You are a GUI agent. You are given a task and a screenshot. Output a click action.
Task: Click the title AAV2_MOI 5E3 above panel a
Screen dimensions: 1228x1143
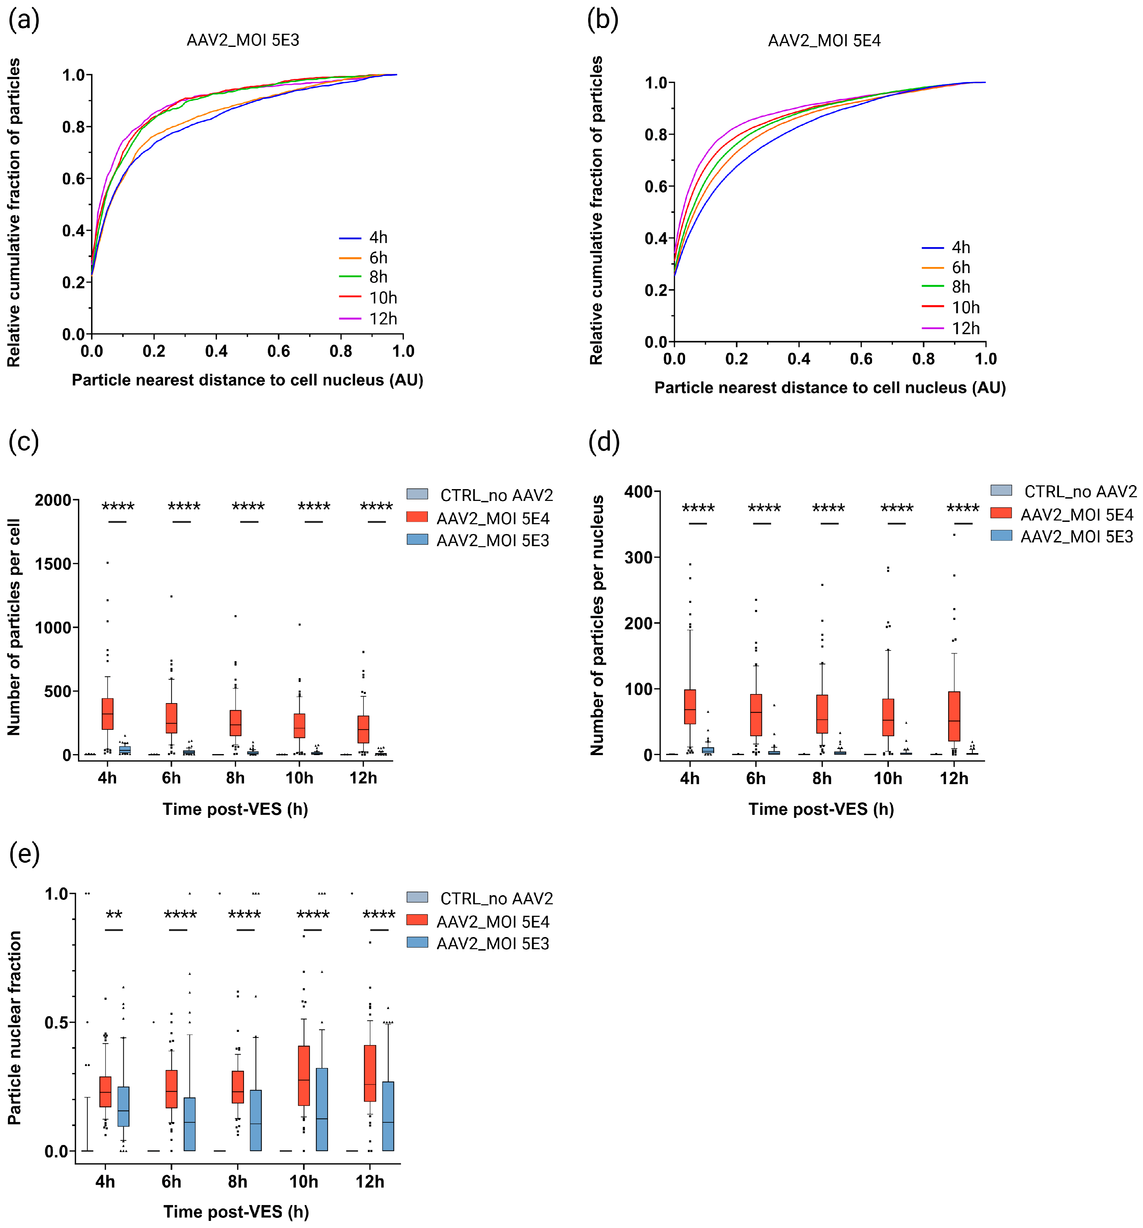(243, 40)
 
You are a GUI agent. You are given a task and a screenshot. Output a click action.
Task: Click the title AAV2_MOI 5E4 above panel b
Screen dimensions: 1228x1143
(824, 41)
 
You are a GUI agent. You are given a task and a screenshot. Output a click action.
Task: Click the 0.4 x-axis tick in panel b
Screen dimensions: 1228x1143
(798, 359)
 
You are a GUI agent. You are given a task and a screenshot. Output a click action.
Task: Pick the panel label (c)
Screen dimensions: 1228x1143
(24, 441)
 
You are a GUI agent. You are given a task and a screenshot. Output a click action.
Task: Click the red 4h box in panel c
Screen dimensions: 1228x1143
(107, 714)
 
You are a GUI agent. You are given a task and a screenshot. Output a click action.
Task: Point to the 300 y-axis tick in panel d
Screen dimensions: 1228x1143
(638, 557)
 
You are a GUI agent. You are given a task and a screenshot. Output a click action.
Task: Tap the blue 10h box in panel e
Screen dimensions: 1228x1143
(322, 1109)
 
